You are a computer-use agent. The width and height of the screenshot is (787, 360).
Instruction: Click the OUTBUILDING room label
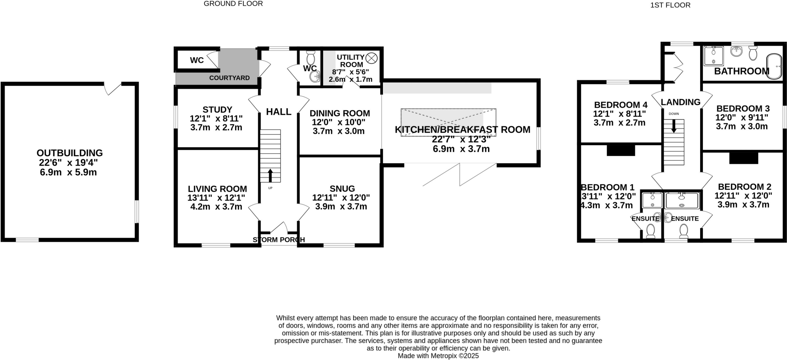(70, 153)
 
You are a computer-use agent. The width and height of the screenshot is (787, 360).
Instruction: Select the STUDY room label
(217, 110)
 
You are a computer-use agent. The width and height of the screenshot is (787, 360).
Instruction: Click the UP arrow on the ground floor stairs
(270, 175)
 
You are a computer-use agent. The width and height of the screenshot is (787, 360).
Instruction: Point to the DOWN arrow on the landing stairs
(674, 126)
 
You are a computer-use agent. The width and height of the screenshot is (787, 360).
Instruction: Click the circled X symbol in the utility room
(371, 58)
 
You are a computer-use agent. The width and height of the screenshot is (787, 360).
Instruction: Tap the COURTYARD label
(229, 78)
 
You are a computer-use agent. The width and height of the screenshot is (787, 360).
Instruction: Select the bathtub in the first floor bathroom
(774, 67)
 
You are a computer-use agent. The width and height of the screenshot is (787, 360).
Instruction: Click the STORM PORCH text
(279, 240)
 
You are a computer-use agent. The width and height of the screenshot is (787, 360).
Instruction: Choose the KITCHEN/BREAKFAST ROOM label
(462, 130)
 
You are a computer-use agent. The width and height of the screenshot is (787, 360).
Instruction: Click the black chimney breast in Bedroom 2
(743, 158)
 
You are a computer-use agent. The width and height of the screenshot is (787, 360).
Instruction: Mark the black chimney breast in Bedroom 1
(621, 149)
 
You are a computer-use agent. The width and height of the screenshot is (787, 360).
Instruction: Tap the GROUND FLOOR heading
(233, 4)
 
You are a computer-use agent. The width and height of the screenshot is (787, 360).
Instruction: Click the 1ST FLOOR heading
(676, 5)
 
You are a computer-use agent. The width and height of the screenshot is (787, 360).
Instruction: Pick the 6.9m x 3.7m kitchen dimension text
(461, 149)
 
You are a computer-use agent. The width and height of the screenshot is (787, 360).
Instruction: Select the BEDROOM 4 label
(621, 105)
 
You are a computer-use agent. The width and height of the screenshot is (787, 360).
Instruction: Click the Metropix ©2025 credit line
(438, 356)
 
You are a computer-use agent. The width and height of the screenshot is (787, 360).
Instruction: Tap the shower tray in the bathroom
(713, 56)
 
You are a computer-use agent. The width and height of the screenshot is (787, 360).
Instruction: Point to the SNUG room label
(342, 189)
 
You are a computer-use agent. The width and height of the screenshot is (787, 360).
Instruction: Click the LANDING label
(681, 102)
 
